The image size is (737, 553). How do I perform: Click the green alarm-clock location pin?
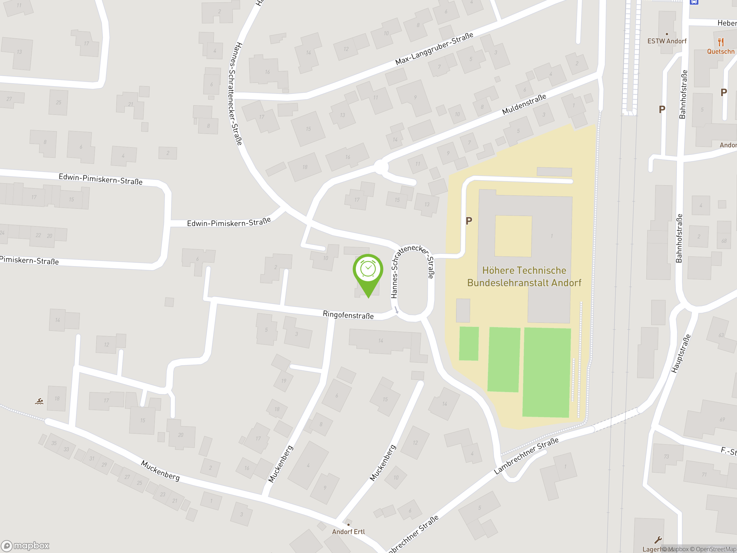click(x=368, y=270)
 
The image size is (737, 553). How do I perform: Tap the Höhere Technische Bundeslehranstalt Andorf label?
click(x=524, y=277)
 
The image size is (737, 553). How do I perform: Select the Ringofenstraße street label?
click(x=348, y=315)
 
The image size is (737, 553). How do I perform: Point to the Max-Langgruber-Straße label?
click(x=434, y=49)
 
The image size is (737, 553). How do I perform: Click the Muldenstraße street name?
click(x=524, y=104)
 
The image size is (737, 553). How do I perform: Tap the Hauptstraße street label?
click(x=681, y=353)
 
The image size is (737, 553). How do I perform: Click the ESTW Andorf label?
click(x=667, y=41)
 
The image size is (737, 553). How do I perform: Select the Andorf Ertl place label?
click(x=348, y=532)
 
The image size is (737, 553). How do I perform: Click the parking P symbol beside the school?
click(x=469, y=221)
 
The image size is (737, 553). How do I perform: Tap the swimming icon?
click(x=39, y=401)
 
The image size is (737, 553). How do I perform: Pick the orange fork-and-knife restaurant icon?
click(x=721, y=42)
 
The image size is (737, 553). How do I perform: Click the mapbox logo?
click(x=25, y=546)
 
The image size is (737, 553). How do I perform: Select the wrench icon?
click(x=658, y=540)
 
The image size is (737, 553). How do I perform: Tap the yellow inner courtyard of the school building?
click(x=513, y=236)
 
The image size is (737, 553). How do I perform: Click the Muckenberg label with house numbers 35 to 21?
click(x=160, y=470)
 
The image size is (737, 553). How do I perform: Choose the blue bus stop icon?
click(x=694, y=2)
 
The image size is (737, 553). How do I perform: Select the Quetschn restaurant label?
click(x=721, y=52)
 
